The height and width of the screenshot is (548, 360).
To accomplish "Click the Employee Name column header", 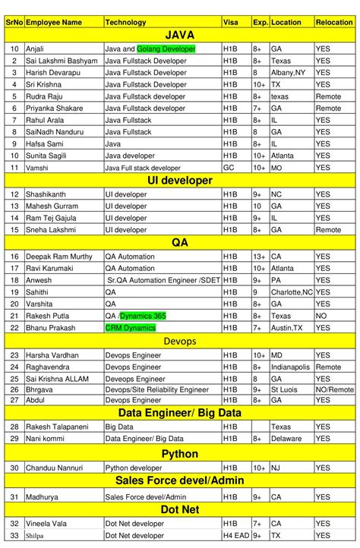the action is point(53,22).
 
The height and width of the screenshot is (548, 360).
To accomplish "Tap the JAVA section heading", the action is point(180,35).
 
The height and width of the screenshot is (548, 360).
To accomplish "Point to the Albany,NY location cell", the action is point(289,73).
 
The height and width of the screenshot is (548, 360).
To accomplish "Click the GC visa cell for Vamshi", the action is point(229,168).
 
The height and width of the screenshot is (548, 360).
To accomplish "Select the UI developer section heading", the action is point(180,181).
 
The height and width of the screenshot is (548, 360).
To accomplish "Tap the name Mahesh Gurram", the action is point(52,206).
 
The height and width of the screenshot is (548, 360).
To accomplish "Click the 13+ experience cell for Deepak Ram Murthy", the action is point(260,256).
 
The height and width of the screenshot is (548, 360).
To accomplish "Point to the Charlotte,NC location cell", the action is point(292,291).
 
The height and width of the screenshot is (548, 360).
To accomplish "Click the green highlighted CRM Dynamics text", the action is point(131,328).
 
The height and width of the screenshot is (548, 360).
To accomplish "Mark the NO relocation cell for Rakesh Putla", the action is point(322,316).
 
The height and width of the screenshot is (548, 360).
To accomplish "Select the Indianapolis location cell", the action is point(292,367).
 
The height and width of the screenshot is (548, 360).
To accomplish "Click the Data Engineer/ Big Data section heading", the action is point(180,413).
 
